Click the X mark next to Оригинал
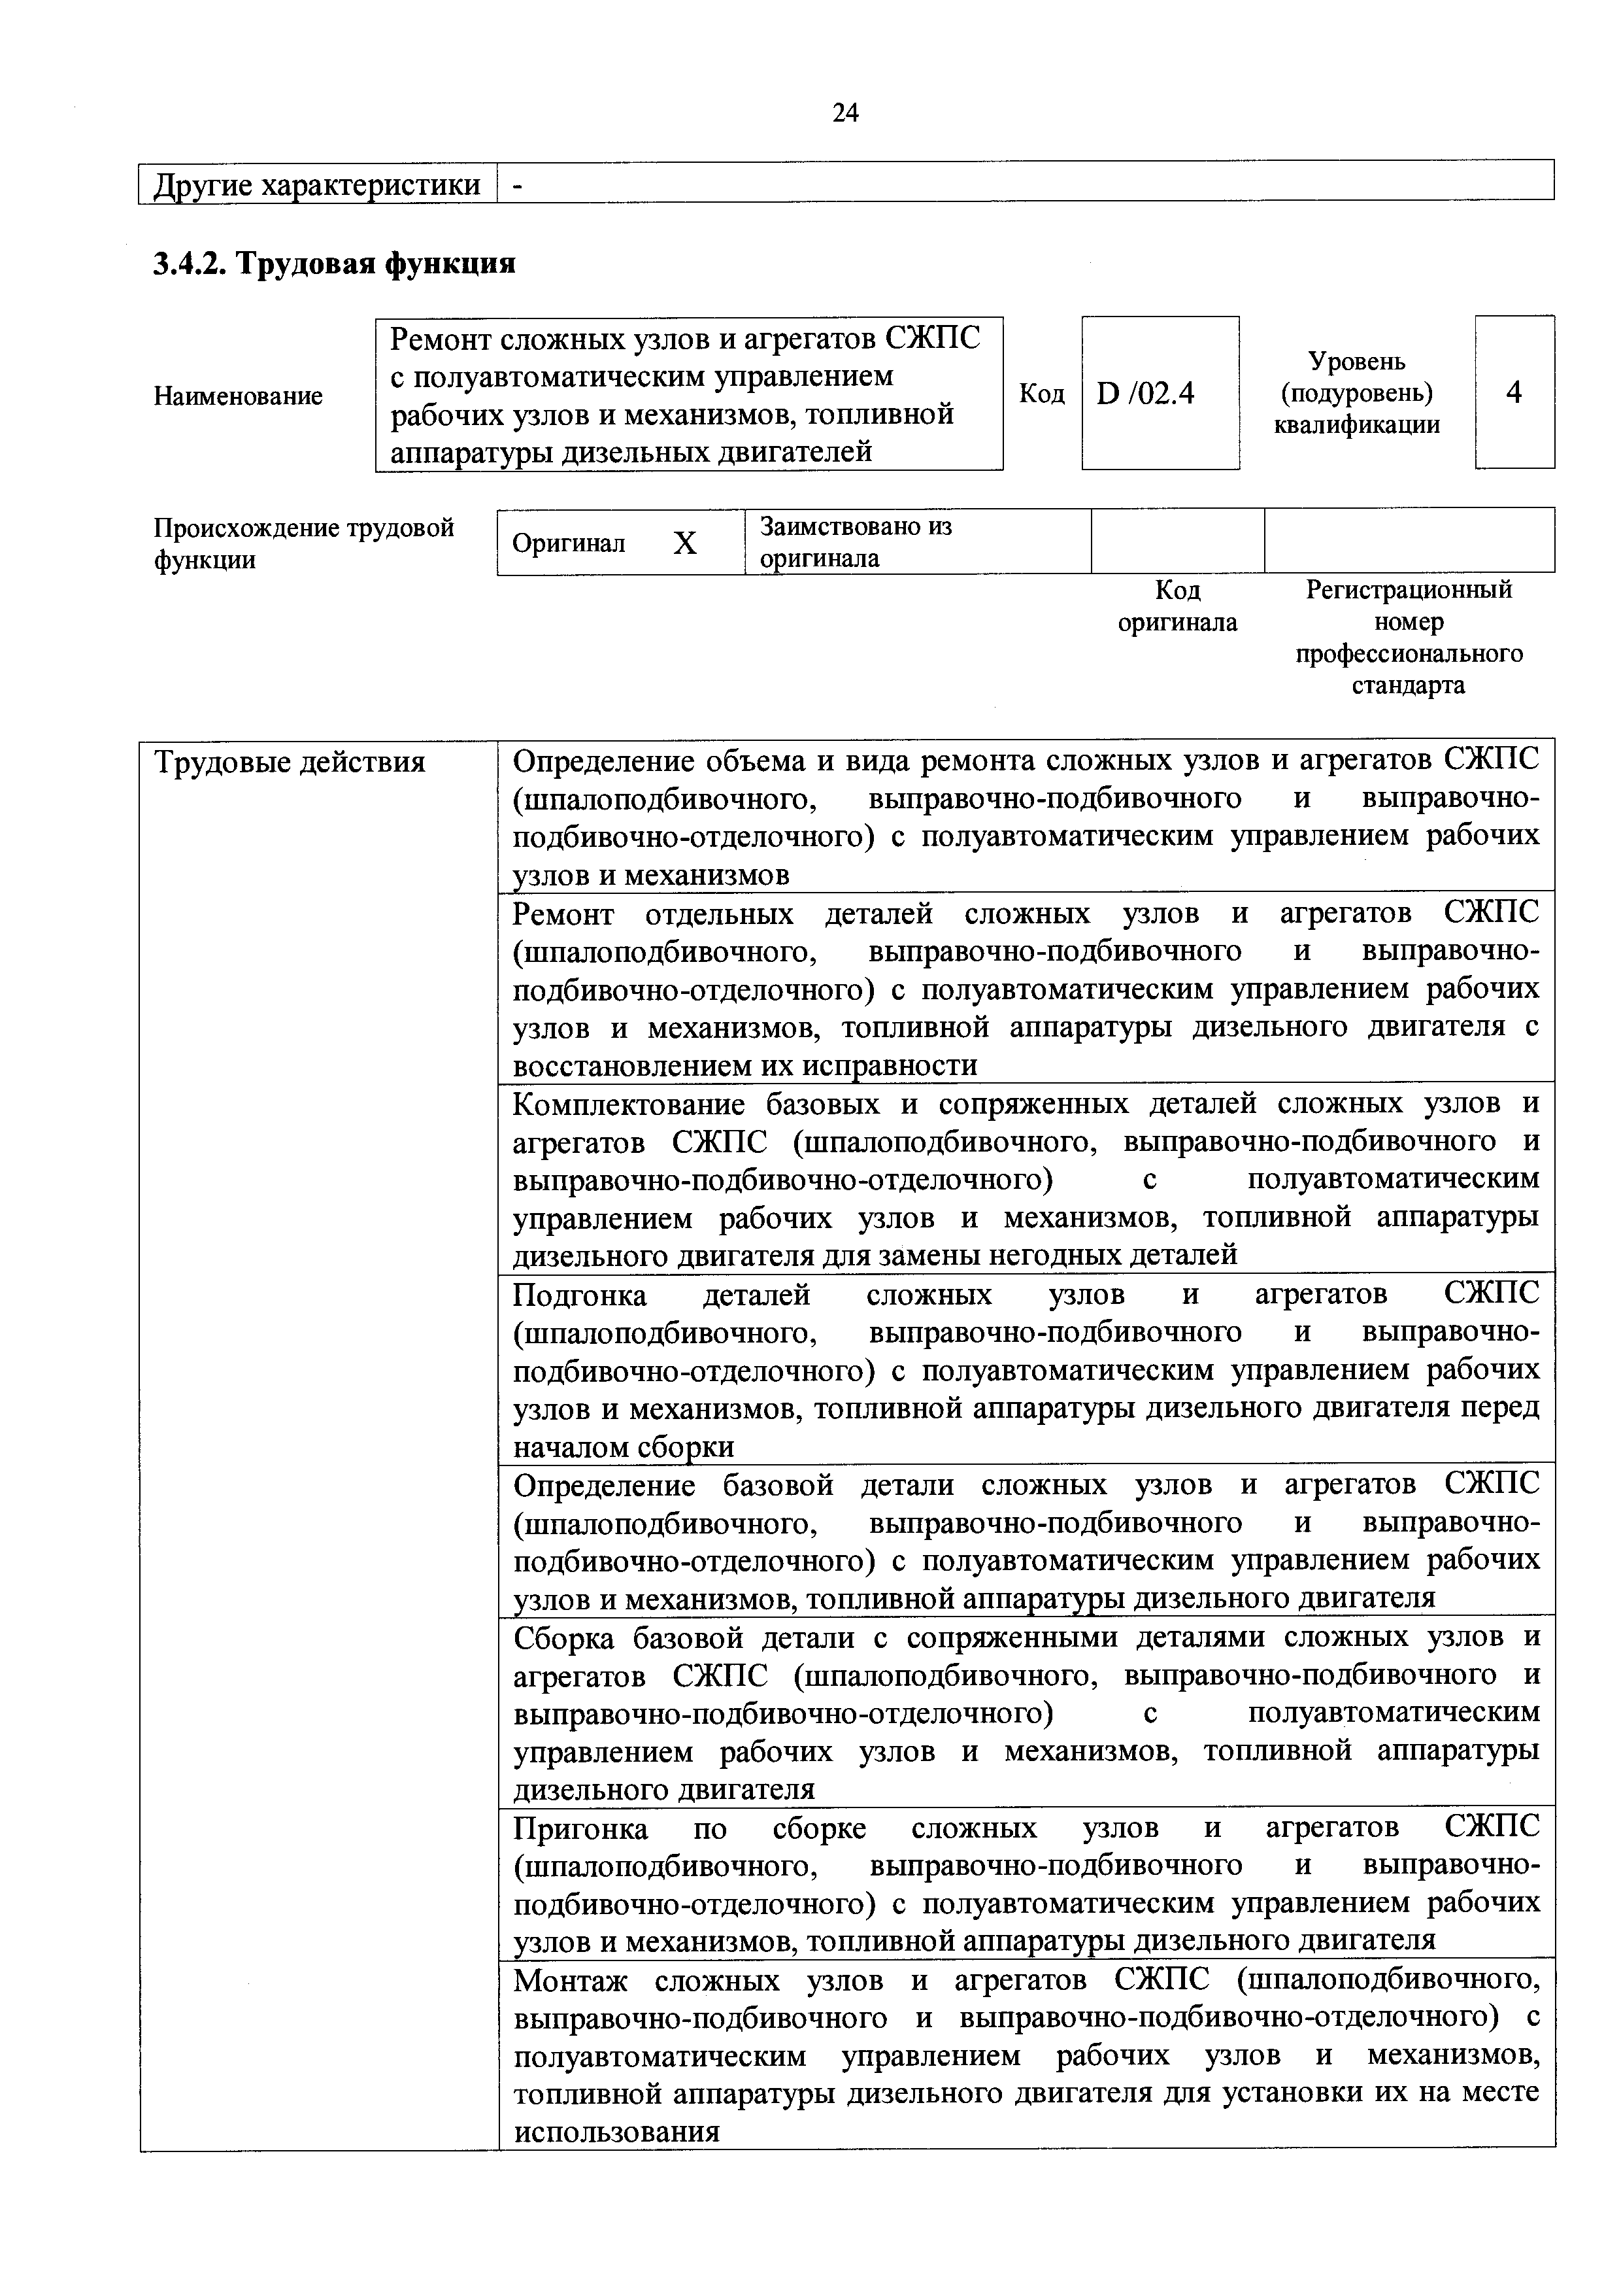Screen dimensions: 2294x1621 tap(684, 543)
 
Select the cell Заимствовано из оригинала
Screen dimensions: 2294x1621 tap(856, 541)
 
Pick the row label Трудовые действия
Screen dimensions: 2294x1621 tap(290, 763)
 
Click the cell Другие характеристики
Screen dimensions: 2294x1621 tap(316, 185)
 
